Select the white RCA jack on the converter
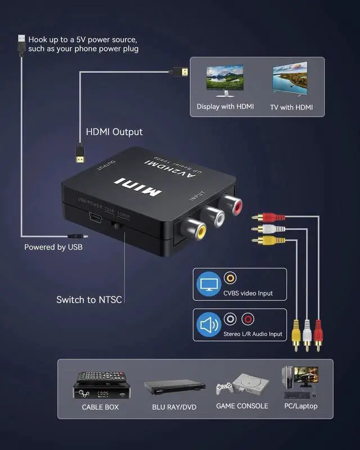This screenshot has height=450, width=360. (x=213, y=217)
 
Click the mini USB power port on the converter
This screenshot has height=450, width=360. (x=94, y=218)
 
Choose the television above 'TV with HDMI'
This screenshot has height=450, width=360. (x=290, y=79)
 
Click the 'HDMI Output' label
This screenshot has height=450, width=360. (x=114, y=132)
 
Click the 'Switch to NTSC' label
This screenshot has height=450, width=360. (x=89, y=300)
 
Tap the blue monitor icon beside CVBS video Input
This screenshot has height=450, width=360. (x=208, y=285)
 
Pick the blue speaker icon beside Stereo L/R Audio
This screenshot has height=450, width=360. (x=208, y=325)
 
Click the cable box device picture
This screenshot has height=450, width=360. (x=100, y=385)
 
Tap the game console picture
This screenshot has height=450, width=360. (x=242, y=384)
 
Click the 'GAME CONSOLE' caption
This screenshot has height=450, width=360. (x=242, y=406)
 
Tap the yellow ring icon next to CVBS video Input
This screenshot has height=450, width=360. (x=230, y=278)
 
